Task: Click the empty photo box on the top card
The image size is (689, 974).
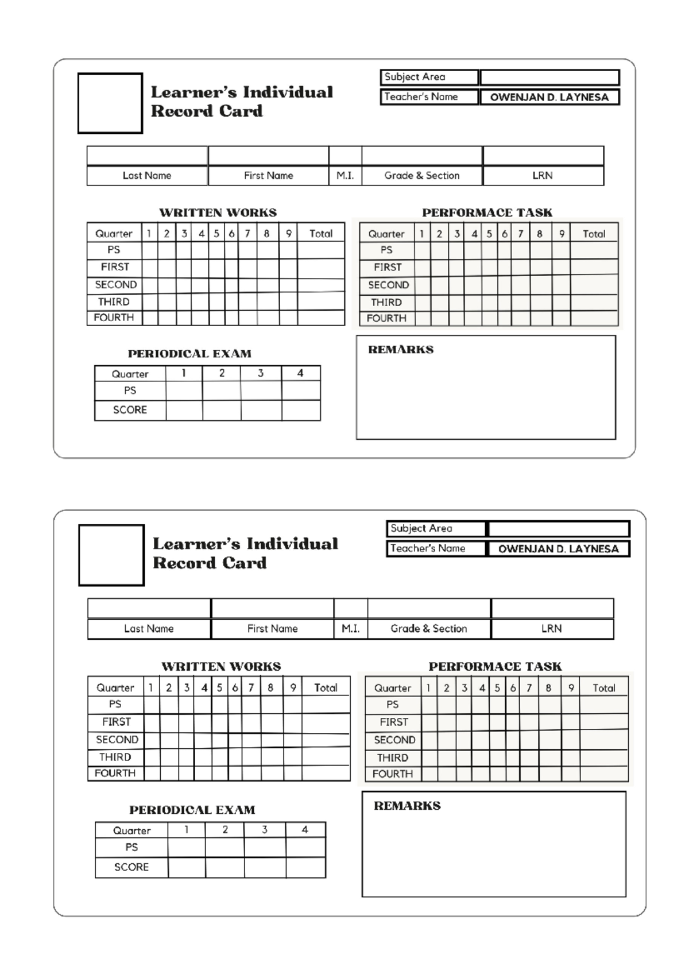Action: [x=110, y=103]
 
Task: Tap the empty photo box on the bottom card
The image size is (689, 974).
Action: [x=111, y=555]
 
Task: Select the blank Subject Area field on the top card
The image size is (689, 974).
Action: [x=549, y=78]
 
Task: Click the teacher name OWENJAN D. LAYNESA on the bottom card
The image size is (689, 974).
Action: [x=558, y=549]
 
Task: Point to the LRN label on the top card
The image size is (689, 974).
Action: [x=543, y=176]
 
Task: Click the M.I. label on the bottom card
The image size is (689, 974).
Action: [x=350, y=629]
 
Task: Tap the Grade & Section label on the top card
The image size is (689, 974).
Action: [x=422, y=176]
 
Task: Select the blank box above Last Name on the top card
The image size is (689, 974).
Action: [x=147, y=156]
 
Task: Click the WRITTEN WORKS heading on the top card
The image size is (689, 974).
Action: [x=218, y=212]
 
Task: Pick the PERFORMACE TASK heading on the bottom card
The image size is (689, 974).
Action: [x=495, y=667]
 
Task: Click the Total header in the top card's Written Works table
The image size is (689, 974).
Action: [x=320, y=234]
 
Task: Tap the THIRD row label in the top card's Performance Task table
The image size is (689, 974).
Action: [x=386, y=302]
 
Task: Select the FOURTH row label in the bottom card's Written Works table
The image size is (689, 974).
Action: [x=115, y=773]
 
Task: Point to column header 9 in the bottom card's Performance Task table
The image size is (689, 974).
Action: [x=571, y=687]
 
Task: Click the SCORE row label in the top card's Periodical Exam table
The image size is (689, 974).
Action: [x=130, y=410]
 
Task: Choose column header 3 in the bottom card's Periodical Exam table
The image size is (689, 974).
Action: [x=264, y=830]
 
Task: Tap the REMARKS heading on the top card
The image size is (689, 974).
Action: [x=401, y=350]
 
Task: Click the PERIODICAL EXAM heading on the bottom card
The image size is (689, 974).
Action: [x=192, y=810]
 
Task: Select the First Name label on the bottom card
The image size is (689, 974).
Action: [x=272, y=629]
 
